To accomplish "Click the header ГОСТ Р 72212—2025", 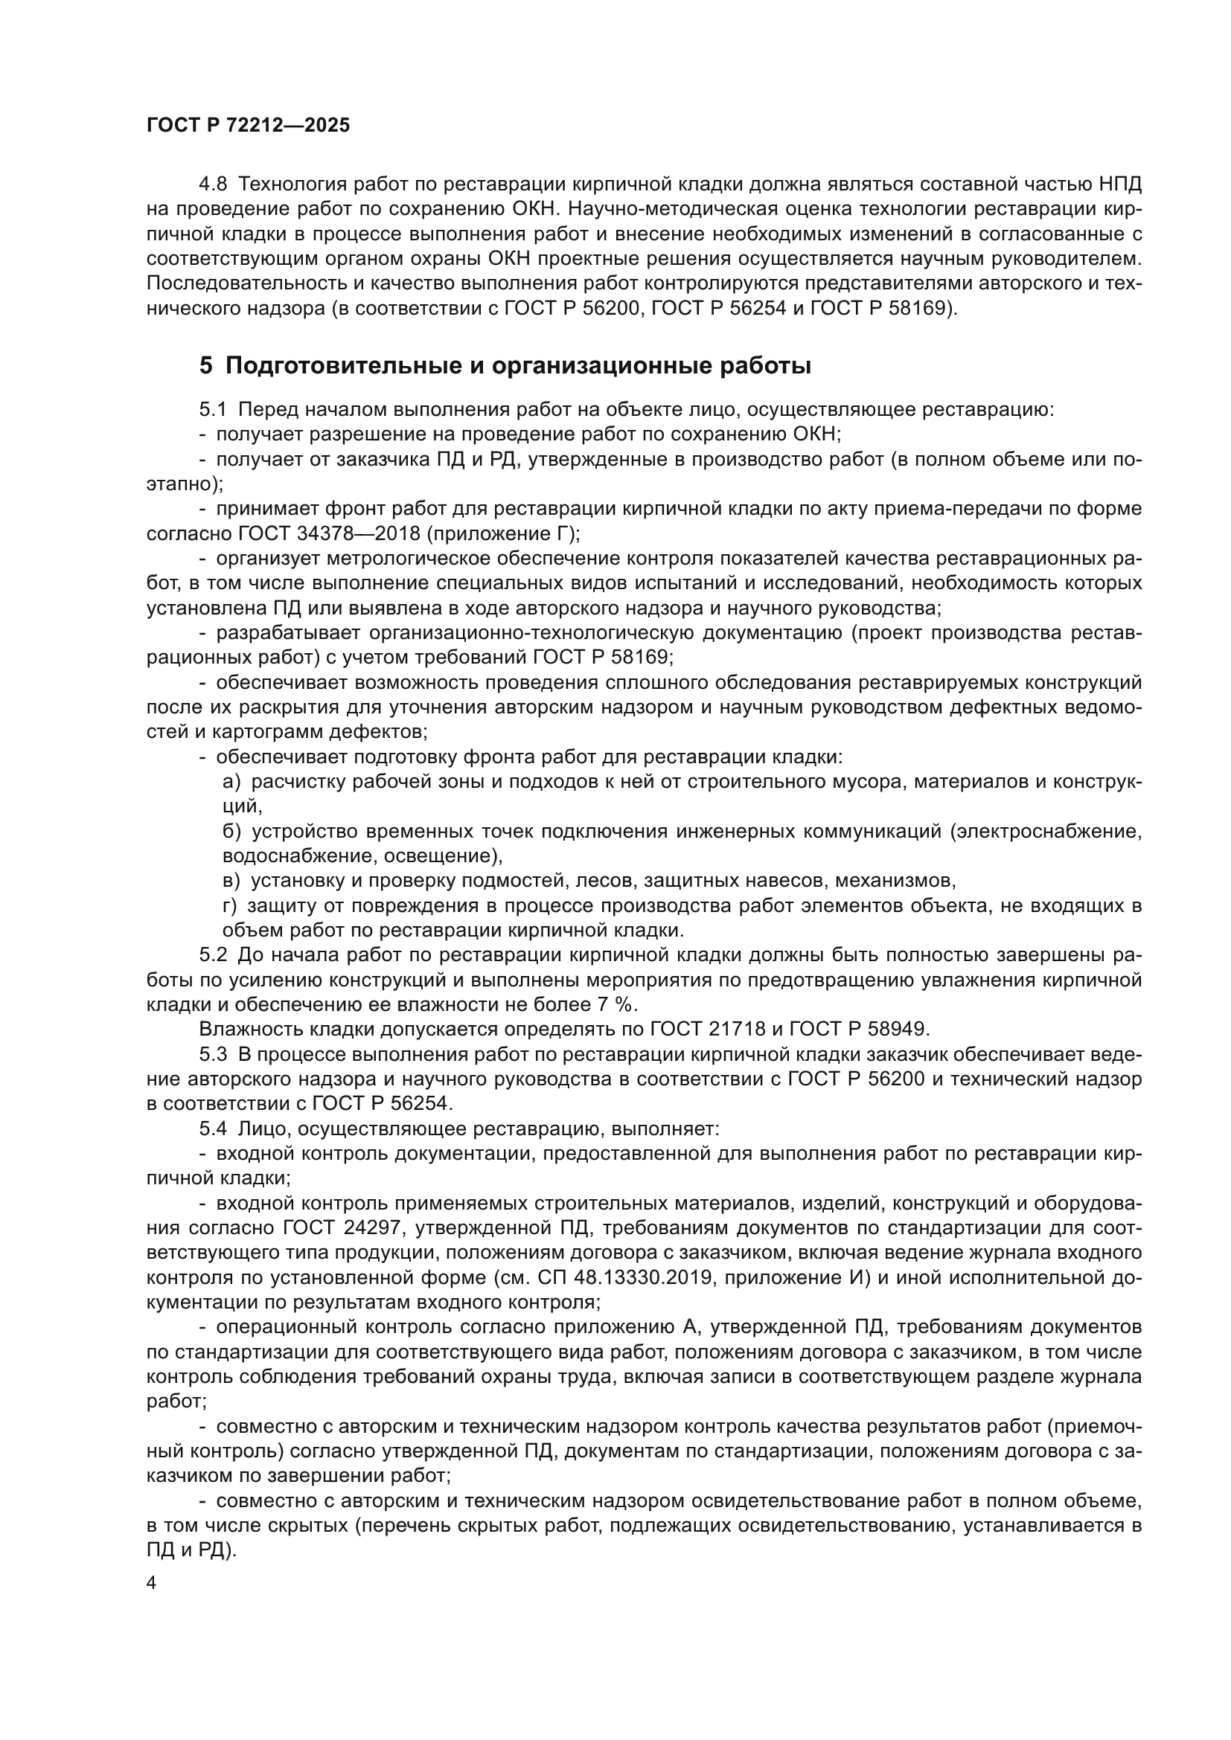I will (x=248, y=126).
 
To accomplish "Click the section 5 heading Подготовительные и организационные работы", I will (x=505, y=366).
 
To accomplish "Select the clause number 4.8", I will (x=213, y=184).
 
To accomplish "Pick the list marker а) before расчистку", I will (x=231, y=781).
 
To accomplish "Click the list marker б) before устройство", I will (x=231, y=832).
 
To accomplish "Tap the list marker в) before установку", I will (x=231, y=881).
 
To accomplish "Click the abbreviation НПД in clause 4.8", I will (x=1119, y=184).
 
